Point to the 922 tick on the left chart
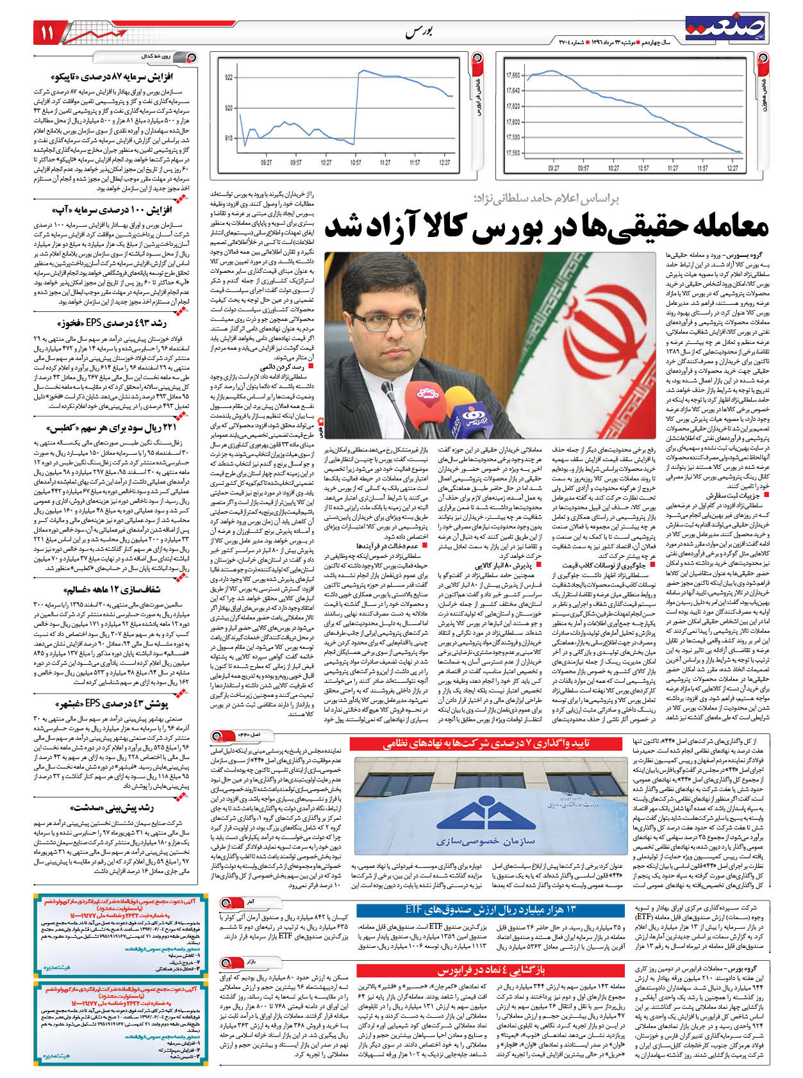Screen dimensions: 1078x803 [229, 78]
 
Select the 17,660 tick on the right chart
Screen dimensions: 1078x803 [513, 75]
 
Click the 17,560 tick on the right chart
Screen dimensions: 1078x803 [513, 153]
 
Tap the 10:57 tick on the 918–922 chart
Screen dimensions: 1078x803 [356, 163]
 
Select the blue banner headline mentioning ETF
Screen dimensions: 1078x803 [490, 910]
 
